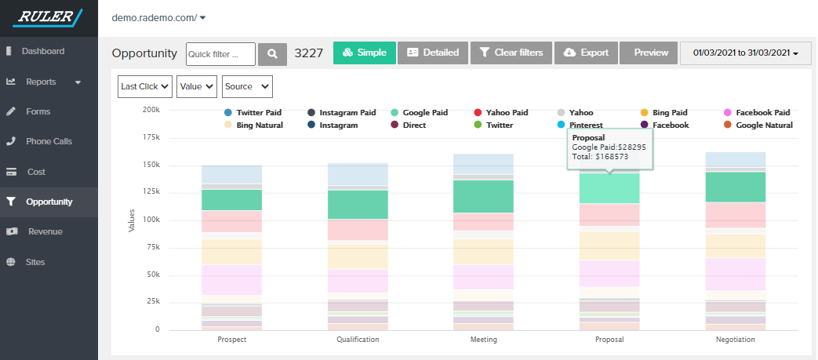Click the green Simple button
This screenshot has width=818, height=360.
(364, 53)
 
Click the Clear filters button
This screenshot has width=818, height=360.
(511, 53)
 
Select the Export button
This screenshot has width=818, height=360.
(586, 53)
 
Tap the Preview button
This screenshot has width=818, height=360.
(650, 53)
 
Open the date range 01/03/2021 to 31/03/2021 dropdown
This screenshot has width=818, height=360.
(745, 53)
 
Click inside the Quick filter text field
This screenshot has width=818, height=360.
(220, 53)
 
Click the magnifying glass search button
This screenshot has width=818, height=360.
(272, 53)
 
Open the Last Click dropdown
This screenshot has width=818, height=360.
(145, 86)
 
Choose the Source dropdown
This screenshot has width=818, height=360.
(247, 86)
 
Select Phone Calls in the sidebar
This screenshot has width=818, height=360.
(49, 141)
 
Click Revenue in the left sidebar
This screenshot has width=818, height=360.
(45, 231)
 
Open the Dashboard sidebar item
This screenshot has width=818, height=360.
(42, 51)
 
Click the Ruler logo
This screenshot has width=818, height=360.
(49, 17)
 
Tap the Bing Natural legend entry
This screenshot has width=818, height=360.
(259, 125)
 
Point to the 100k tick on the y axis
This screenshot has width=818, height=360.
(151, 220)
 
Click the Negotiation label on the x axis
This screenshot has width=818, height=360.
(735, 340)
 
